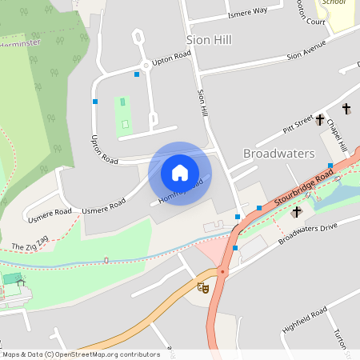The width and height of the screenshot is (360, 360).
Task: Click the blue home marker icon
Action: (180, 173)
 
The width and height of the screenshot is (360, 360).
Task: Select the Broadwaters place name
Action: (278, 153)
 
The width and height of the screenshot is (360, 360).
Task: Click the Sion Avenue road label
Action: (307, 50)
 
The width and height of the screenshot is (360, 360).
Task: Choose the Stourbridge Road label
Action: (304, 189)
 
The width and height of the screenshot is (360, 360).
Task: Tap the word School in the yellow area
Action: (334, 2)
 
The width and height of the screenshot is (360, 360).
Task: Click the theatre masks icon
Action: (203, 286)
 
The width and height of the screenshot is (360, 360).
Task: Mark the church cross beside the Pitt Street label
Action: (320, 120)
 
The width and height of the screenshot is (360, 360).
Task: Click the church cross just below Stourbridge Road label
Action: (297, 212)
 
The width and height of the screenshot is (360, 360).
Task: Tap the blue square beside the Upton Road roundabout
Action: (137, 74)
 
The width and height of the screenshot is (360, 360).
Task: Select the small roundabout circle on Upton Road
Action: (146, 65)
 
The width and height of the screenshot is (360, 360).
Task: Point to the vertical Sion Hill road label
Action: (203, 103)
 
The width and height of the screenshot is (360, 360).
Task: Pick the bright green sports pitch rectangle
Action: (123, 116)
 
